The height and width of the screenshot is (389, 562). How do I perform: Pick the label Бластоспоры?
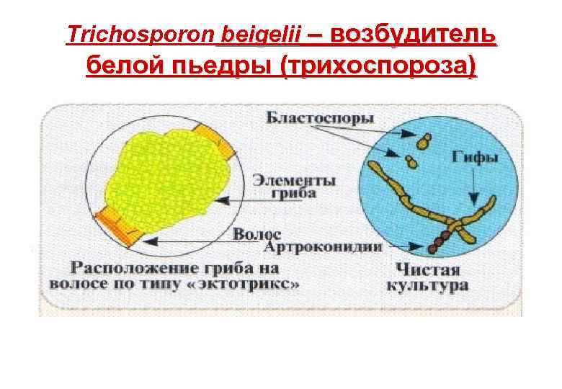pyautogui.click(x=321, y=117)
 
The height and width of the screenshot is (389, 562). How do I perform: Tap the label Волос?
pyautogui.click(x=257, y=233)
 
